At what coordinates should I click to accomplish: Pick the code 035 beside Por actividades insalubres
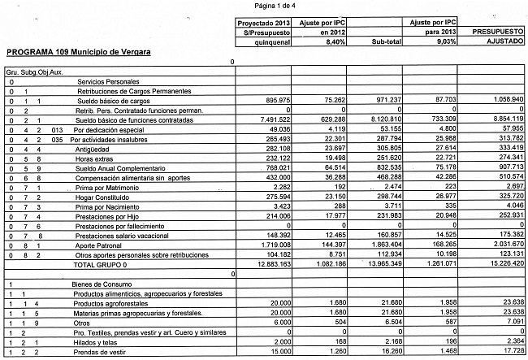point(58,139)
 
